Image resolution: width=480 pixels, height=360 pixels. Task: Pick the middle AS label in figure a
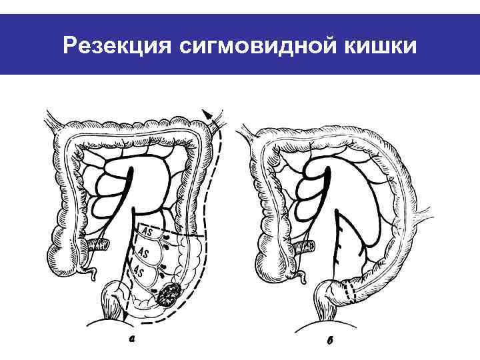(142, 253)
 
